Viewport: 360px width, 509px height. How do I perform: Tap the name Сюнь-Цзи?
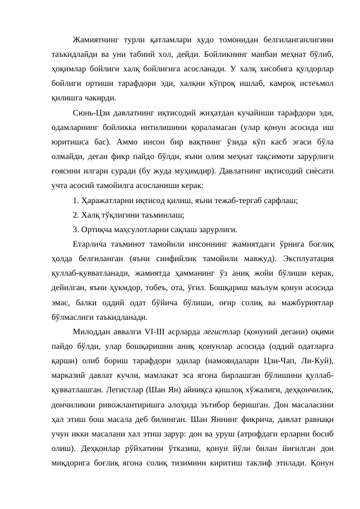89,112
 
